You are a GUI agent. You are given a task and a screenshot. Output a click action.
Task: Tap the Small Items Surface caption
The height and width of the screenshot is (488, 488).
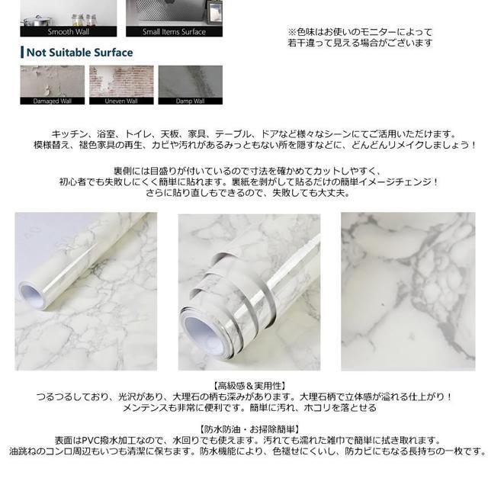click(x=174, y=32)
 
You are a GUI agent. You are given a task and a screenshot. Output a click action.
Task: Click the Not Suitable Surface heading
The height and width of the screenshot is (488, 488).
click(x=79, y=53)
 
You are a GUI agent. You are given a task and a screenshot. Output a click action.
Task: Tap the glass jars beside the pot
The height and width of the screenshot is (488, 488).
click(x=90, y=17)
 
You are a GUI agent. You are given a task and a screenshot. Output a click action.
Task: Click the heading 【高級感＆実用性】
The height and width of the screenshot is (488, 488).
click(x=244, y=386)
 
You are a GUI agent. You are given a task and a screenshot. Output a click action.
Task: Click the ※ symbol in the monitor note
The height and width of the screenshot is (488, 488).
click(x=291, y=32)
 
